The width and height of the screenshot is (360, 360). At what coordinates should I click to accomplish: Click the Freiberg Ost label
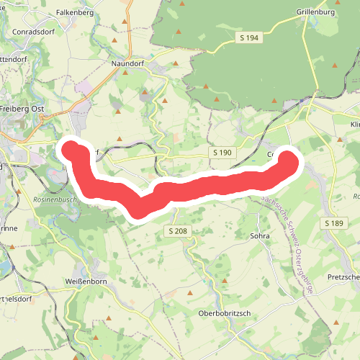click(x=24, y=108)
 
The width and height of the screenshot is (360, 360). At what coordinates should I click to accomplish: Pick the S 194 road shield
click(x=249, y=37)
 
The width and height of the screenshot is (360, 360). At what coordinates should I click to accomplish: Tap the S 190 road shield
click(x=222, y=153)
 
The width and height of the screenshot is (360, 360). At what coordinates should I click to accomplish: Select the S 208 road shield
click(x=179, y=231)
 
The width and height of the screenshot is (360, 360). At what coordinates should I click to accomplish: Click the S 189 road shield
click(x=334, y=224)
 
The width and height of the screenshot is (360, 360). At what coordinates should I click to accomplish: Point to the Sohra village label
click(x=259, y=235)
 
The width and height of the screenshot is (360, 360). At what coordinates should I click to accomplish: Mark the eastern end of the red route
click(x=289, y=162)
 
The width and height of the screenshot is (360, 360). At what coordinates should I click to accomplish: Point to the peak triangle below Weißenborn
click(x=108, y=318)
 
